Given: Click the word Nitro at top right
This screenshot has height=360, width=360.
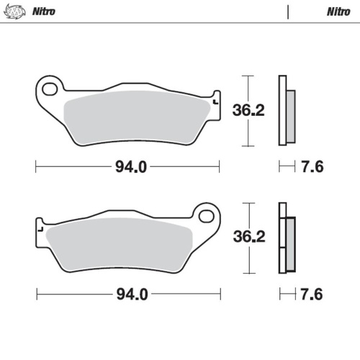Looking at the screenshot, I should pyautogui.click(x=338, y=12).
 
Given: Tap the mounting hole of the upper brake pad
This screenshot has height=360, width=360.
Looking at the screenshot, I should pyautogui.click(x=50, y=89).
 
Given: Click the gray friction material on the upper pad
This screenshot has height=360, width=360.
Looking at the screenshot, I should pyautogui.click(x=137, y=115).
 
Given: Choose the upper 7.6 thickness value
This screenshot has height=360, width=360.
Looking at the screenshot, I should pyautogui.click(x=312, y=167).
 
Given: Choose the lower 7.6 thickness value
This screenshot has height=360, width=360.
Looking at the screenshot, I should pyautogui.click(x=312, y=294).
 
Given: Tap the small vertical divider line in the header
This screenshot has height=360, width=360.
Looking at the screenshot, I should pyautogui.click(x=287, y=12).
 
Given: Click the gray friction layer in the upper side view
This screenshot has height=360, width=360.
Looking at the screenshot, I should pyautogui.click(x=290, y=115).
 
